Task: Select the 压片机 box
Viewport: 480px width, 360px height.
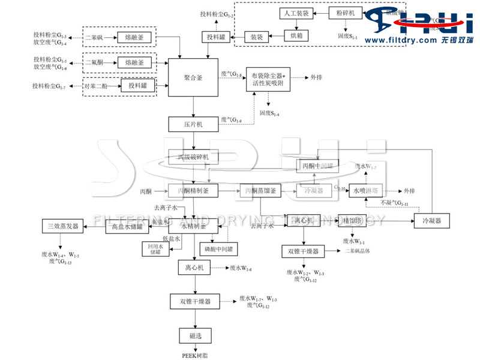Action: (193, 124)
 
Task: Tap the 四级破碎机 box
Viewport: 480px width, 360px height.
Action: (193, 157)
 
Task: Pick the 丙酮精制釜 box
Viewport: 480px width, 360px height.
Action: (193, 191)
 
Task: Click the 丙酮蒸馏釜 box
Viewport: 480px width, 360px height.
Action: (261, 191)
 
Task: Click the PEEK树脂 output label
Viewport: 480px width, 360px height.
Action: (194, 355)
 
